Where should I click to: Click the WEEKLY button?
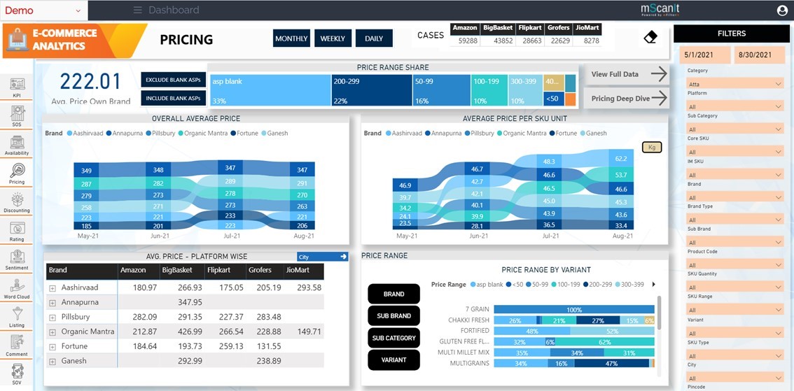tap(333, 38)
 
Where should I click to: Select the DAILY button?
tap(374, 38)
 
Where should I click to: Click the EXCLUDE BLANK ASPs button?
tap(174, 80)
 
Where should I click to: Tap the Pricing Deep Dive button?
tap(628, 99)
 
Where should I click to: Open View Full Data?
tap(628, 74)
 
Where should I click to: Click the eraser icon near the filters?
tap(650, 37)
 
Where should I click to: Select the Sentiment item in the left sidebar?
tap(17, 260)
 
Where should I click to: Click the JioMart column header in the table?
tap(298, 270)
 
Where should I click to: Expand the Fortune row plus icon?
tap(53, 347)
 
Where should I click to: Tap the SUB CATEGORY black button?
tap(393, 338)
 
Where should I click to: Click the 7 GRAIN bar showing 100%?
tap(573, 309)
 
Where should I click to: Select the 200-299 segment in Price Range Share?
tap(370, 91)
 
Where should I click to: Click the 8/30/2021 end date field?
tap(760, 55)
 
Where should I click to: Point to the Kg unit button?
tap(652, 147)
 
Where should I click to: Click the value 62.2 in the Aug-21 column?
tap(620, 159)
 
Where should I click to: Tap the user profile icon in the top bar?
tap(782, 10)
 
